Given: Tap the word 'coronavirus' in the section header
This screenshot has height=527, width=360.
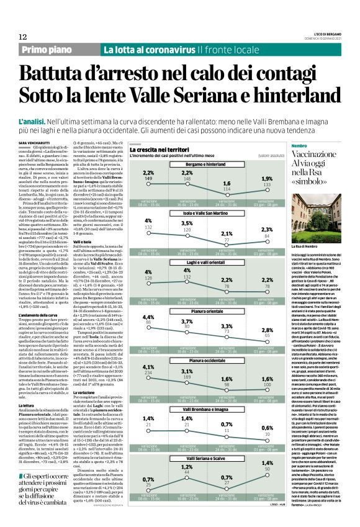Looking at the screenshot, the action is pyautogui.click(x=164, y=50).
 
